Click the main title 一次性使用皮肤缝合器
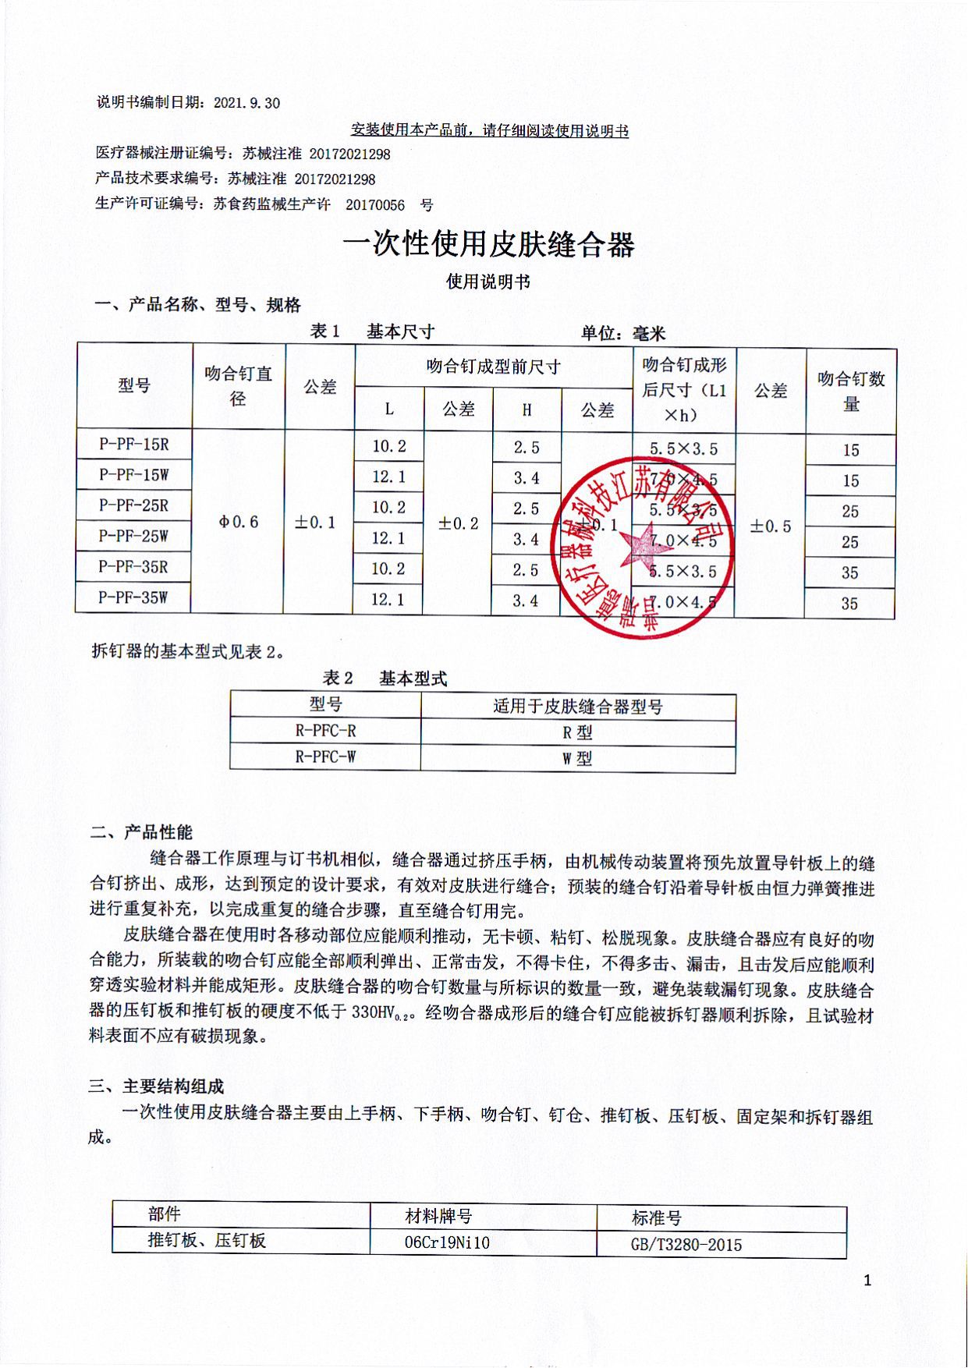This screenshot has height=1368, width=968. (x=488, y=244)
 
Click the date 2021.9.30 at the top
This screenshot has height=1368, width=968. (x=246, y=103)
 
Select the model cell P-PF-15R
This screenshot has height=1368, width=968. (x=134, y=445)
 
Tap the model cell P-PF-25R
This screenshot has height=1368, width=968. (x=133, y=505)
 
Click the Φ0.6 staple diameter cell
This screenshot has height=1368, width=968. (x=239, y=522)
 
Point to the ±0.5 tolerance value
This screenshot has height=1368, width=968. (x=771, y=526)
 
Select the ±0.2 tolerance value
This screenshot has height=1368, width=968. (x=459, y=523)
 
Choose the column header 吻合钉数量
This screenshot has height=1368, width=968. (x=851, y=391)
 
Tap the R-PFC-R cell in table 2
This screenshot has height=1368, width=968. (x=325, y=731)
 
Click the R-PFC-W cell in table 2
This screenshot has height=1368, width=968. (x=325, y=757)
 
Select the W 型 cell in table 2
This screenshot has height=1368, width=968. (x=577, y=758)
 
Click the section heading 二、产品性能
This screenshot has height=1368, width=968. (x=141, y=832)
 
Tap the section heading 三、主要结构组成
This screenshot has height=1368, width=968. (x=156, y=1086)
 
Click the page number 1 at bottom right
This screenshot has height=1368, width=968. (x=867, y=1281)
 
